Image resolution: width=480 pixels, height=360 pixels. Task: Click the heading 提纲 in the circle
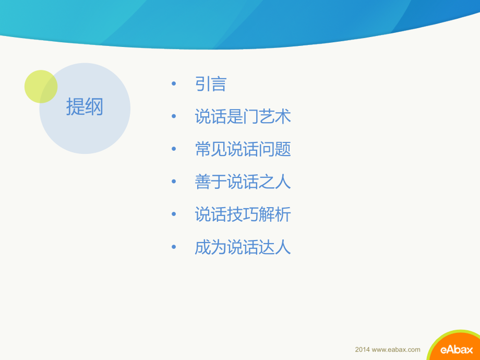(85, 107)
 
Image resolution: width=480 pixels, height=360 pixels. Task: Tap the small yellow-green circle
(41, 87)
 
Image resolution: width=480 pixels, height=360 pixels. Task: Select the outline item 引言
(210, 84)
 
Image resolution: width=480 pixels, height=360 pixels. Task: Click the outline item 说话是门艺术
(243, 116)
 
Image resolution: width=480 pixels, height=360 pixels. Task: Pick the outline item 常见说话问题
(243, 149)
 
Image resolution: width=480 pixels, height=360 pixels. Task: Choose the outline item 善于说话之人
(243, 182)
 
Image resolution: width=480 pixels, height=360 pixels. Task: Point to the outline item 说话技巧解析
(243, 214)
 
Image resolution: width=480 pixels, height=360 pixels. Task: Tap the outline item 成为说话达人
(243, 247)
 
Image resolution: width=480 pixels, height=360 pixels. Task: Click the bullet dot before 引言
(174, 85)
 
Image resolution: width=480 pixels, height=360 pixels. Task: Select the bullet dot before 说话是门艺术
(174, 117)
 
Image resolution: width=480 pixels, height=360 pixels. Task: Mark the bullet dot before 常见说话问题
(174, 150)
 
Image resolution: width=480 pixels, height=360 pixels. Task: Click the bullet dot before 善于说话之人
(174, 182)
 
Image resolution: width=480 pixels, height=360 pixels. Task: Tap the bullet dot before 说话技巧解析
(174, 215)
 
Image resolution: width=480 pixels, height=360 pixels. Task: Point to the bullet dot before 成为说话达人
(174, 247)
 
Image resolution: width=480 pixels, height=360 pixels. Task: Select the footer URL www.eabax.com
(395, 350)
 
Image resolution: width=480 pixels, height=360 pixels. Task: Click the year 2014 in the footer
(362, 350)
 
